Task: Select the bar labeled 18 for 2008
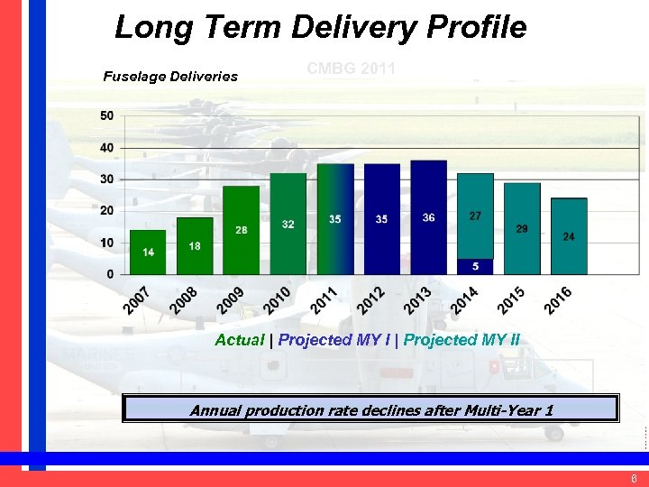(195, 245)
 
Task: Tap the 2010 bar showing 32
(288, 224)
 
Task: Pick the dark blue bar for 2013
(429, 216)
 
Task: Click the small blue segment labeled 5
(475, 266)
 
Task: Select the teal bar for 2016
(569, 236)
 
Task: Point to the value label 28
(242, 230)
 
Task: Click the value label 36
(429, 218)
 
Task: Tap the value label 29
(522, 229)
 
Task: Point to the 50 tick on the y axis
(106, 115)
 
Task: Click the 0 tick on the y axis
(110, 273)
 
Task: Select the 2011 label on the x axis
(324, 300)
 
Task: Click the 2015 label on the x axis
(511, 300)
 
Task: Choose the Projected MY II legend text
(462, 340)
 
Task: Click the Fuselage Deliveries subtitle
(170, 77)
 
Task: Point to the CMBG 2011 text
(351, 69)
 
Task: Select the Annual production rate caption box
(370, 409)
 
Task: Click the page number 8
(635, 479)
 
